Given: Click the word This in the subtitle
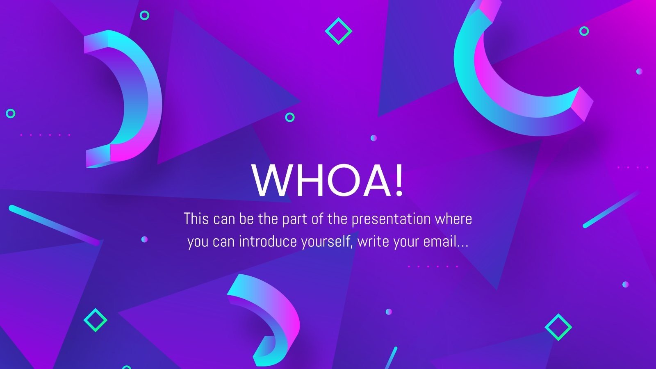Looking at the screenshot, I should click(x=196, y=219).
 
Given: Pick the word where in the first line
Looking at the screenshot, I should click(x=453, y=219).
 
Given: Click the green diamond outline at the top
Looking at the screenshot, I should click(x=338, y=31).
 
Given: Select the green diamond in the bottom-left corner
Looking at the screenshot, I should click(x=95, y=320).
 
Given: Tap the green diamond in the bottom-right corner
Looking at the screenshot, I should click(x=558, y=327).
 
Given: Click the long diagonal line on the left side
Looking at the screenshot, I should click(x=53, y=225).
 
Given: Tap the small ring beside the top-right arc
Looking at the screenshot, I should click(x=584, y=31).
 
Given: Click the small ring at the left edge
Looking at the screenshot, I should click(x=11, y=113).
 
